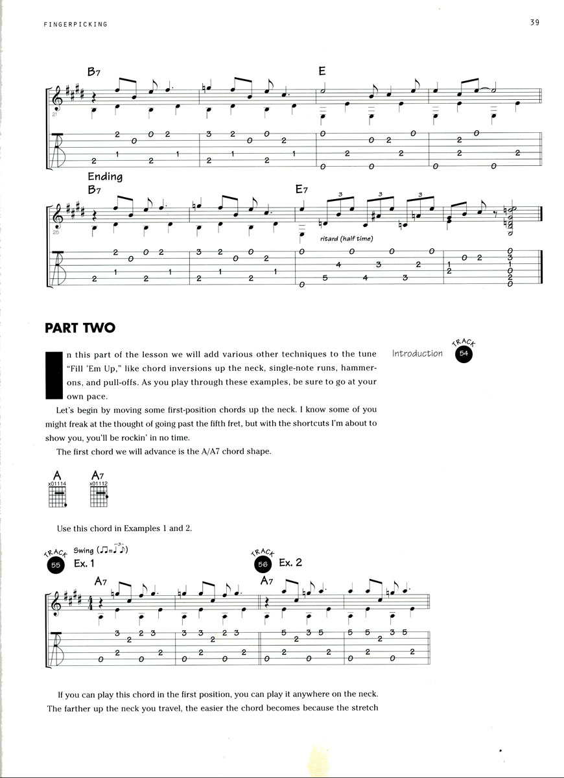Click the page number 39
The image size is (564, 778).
pos(535,23)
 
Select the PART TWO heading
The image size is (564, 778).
pos(80,327)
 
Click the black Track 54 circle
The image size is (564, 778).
pos(464,353)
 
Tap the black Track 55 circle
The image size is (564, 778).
pos(56,565)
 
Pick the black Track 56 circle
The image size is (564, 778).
pos(262,565)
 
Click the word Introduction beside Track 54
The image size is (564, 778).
pos(417,353)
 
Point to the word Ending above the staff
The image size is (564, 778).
pos(104,176)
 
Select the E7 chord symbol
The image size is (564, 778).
pos(301,190)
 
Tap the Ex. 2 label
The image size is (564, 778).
pos(290,563)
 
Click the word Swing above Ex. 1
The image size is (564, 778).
pos(84,550)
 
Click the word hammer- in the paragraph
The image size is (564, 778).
pos(357,368)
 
